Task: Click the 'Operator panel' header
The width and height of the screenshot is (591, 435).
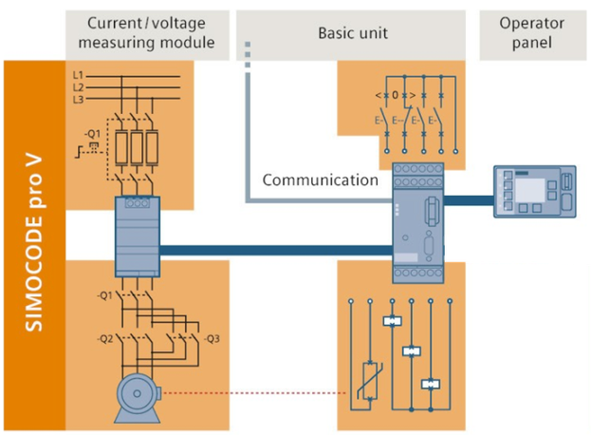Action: (x=531, y=32)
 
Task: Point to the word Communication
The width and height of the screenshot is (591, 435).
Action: (x=320, y=180)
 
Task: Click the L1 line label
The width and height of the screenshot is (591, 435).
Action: (x=78, y=74)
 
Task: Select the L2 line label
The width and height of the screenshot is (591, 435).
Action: (x=78, y=86)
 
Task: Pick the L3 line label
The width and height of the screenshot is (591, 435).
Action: (x=78, y=99)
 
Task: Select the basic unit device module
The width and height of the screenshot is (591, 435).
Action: (x=418, y=222)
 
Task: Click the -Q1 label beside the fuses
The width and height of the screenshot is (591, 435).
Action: (x=91, y=132)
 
